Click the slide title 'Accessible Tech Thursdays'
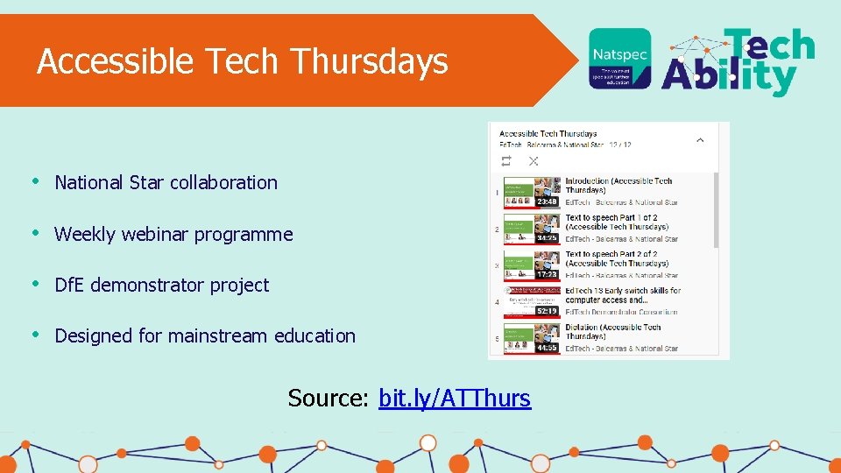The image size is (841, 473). click(x=243, y=61)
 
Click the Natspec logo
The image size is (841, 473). click(x=619, y=59)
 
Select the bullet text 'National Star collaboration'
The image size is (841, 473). click(x=166, y=182)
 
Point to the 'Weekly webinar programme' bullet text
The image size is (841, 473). click(x=173, y=234)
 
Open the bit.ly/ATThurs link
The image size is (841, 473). click(x=454, y=398)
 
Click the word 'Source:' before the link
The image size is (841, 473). click(x=329, y=398)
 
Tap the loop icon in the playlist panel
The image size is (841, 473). click(x=506, y=161)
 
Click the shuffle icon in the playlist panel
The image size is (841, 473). click(x=534, y=161)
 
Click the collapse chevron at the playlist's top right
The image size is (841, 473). click(x=700, y=139)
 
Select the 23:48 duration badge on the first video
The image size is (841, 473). click(x=548, y=201)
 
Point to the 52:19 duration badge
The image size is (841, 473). click(x=548, y=310)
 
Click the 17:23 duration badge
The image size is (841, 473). click(x=548, y=274)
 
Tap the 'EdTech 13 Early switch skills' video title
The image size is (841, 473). click(x=623, y=295)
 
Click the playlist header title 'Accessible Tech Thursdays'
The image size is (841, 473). click(x=548, y=134)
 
